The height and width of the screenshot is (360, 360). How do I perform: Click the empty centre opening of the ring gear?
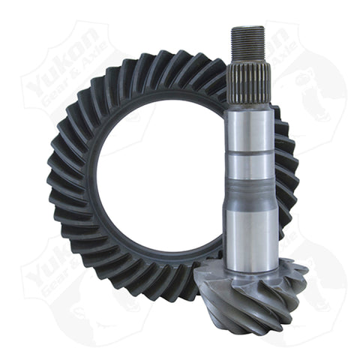tap(150, 180)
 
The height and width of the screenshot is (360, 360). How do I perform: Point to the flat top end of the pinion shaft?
tap(248, 28)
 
